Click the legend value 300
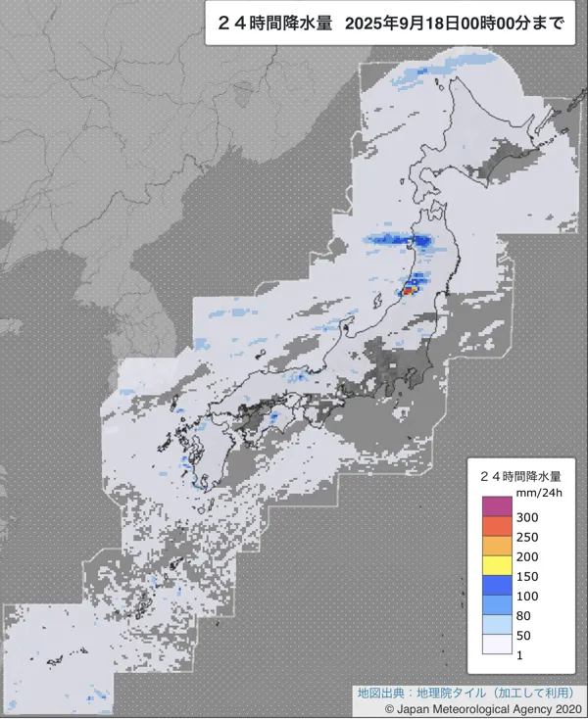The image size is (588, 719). [x=529, y=517]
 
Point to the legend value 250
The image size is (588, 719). [x=529, y=537]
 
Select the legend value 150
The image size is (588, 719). [x=529, y=575]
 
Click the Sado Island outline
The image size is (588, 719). [x=349, y=321]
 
